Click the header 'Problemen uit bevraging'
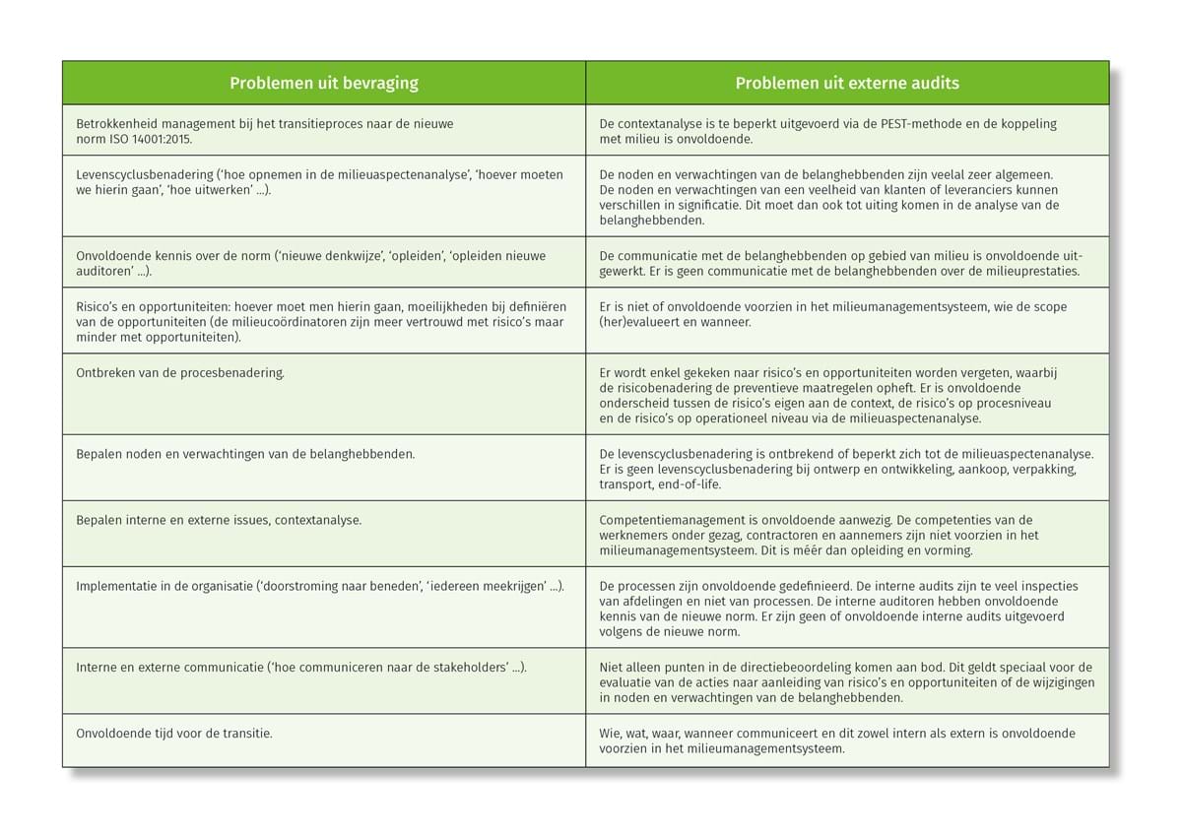[x=324, y=84]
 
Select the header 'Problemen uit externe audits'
[x=847, y=84]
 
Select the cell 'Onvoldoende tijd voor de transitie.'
[x=174, y=733]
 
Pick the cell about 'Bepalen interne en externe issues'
[x=219, y=519]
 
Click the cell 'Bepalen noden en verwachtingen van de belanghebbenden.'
[x=245, y=454]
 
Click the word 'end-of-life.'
[x=687, y=484]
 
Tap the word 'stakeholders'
[x=466, y=667]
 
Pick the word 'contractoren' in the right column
[x=757, y=535]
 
